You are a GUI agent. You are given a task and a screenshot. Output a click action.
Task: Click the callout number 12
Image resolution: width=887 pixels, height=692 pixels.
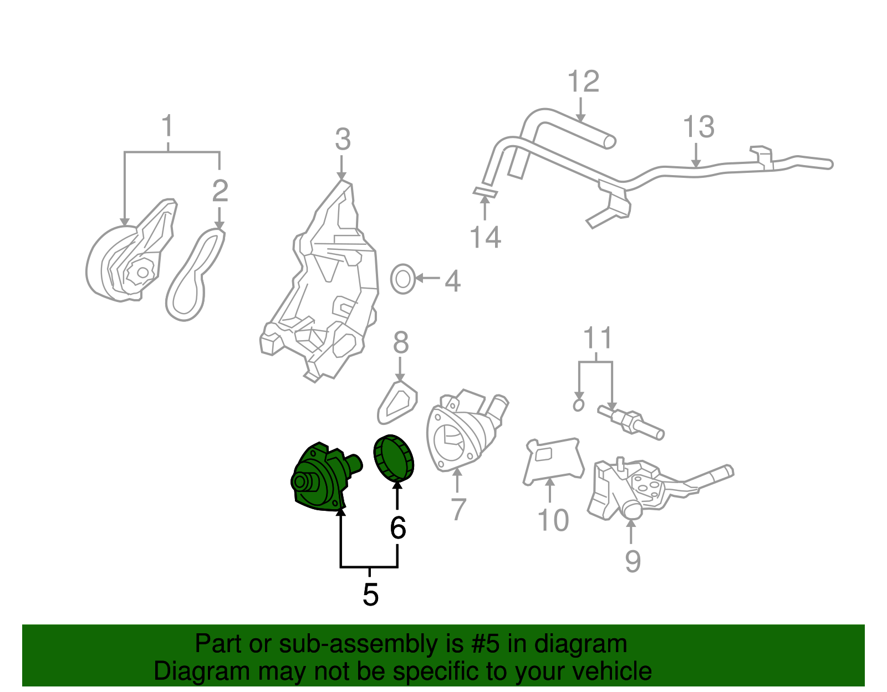[x=583, y=82]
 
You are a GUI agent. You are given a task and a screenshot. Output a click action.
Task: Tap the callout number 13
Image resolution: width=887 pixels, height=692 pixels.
[x=699, y=127]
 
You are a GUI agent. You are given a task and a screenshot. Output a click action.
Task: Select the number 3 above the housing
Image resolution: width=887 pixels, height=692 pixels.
[x=343, y=140]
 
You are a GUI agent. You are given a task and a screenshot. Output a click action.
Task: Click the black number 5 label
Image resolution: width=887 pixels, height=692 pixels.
[x=370, y=594]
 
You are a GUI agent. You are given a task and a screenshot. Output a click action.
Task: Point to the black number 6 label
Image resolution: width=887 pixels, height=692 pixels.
[x=397, y=528]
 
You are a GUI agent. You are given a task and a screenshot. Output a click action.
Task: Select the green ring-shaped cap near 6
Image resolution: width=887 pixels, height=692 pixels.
[x=394, y=458]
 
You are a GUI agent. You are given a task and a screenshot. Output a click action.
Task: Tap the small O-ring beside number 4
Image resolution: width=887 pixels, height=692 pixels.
[x=402, y=279]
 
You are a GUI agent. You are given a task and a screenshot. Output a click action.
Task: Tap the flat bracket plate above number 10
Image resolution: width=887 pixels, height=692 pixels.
[x=553, y=460]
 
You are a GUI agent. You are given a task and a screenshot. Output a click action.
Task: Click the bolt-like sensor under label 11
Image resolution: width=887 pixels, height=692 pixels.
[x=631, y=422]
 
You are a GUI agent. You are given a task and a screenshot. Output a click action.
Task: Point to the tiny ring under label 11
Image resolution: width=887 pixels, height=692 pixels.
[x=579, y=405]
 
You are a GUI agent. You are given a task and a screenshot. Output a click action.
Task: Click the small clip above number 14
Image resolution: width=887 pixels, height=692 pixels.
[x=485, y=193]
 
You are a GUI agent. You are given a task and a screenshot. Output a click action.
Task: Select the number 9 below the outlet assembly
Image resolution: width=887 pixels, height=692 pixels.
[x=633, y=561]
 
